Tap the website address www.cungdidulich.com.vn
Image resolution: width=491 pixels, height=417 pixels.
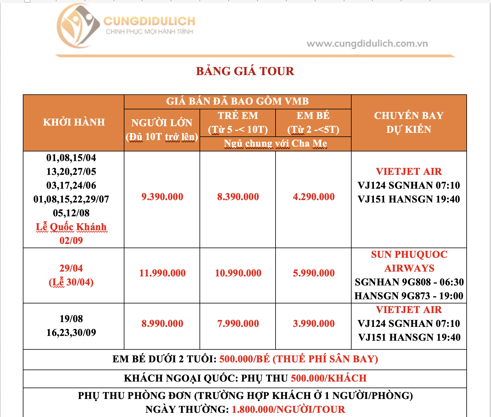click(x=367, y=44)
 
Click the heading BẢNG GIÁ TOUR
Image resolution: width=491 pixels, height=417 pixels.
click(x=245, y=71)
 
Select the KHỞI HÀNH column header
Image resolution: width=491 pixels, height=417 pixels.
click(x=74, y=122)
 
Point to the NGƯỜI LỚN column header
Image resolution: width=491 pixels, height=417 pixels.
click(x=162, y=123)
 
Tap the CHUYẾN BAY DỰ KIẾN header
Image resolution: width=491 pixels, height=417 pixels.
click(x=409, y=122)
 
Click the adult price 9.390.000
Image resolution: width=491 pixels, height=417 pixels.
click(x=162, y=197)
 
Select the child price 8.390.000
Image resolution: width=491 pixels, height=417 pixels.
click(x=238, y=197)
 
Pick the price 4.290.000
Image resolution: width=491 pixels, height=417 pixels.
click(x=314, y=197)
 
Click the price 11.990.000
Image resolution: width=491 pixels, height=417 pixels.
click(x=162, y=273)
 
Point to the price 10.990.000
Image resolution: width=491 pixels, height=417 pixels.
click(x=238, y=273)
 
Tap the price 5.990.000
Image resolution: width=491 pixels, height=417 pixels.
click(x=314, y=273)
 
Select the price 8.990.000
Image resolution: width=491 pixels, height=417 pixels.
click(x=162, y=324)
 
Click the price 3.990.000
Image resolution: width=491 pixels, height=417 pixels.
click(x=314, y=324)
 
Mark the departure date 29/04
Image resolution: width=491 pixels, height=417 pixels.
click(x=71, y=268)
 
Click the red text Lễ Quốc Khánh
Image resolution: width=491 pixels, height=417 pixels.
click(x=71, y=227)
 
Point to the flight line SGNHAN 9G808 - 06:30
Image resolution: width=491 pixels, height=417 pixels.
click(x=409, y=282)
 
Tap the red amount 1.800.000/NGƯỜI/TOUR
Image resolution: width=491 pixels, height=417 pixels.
click(x=288, y=409)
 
